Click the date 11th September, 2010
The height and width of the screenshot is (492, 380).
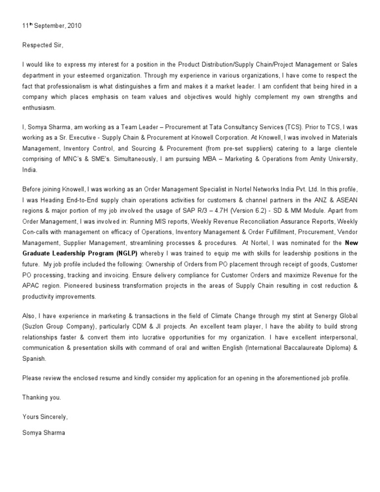click(51, 26)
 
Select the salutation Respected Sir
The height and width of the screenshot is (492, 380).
click(43, 45)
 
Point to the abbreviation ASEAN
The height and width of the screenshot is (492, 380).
click(346, 199)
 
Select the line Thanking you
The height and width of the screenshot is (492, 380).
click(42, 397)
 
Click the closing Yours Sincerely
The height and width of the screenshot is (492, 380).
click(45, 417)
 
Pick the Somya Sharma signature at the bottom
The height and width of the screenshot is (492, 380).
click(44, 432)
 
